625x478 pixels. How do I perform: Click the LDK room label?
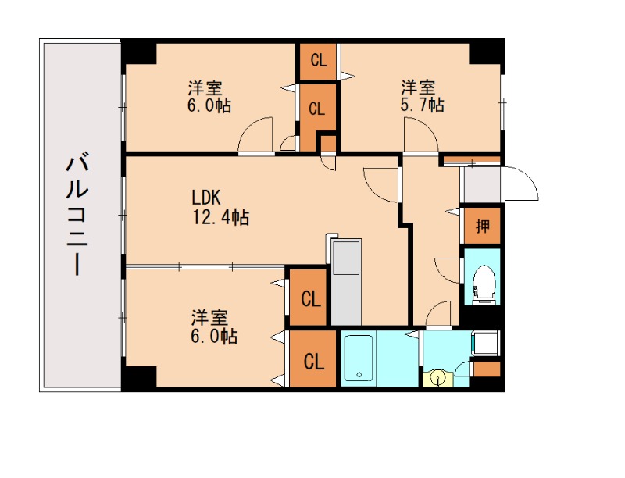(x=206, y=197)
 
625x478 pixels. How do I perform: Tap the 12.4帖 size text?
(x=221, y=217)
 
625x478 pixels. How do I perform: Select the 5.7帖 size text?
(x=422, y=105)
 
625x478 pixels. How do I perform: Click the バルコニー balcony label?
(x=77, y=213)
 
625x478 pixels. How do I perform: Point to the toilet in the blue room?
(x=483, y=284)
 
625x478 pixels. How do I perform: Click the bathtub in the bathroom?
(x=359, y=358)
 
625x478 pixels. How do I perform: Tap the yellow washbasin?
(x=438, y=377)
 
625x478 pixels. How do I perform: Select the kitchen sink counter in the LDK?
(x=346, y=282)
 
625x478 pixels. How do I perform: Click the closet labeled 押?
(x=482, y=226)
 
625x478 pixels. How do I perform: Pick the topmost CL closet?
(x=319, y=61)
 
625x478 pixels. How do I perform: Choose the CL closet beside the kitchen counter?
(x=309, y=298)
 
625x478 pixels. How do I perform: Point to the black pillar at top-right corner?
(x=486, y=52)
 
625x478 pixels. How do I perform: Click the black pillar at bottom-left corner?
(x=138, y=377)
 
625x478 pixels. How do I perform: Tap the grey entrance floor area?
(x=482, y=184)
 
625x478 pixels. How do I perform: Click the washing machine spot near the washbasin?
(x=485, y=343)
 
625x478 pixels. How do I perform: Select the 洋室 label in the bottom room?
(x=209, y=317)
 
